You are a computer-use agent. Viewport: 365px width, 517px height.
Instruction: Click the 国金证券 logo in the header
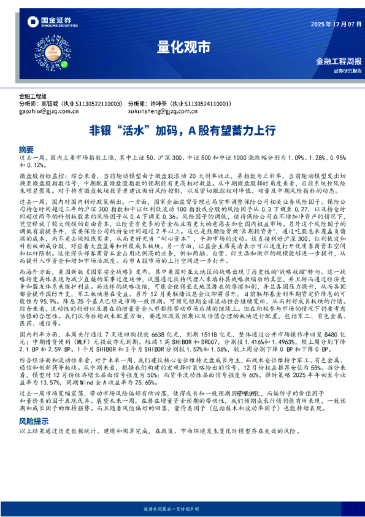point(50,23)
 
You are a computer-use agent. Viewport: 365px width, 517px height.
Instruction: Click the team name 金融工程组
point(33,96)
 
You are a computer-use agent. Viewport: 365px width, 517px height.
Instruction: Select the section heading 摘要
point(26,149)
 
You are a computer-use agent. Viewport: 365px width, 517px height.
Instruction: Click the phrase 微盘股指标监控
point(40,175)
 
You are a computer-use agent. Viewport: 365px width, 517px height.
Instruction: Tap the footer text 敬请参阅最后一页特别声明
point(182,509)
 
